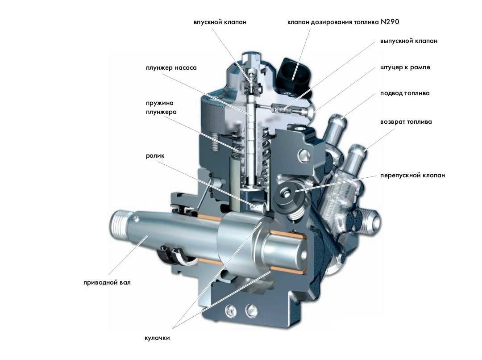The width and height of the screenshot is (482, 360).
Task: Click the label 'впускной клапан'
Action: (x=220, y=22)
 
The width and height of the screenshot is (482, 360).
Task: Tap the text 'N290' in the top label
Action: (x=390, y=22)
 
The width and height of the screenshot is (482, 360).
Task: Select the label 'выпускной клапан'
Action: (x=408, y=41)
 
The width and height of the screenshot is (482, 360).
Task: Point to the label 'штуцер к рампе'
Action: (x=405, y=67)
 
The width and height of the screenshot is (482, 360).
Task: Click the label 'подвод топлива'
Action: (x=404, y=93)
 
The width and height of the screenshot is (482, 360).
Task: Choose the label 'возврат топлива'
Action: (x=406, y=122)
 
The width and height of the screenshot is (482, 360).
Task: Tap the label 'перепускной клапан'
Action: (x=412, y=176)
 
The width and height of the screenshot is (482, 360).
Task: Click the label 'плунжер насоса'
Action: (x=171, y=68)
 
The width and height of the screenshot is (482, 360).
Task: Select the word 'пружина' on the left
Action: (x=159, y=103)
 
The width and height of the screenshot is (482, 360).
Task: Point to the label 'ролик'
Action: (x=155, y=156)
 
